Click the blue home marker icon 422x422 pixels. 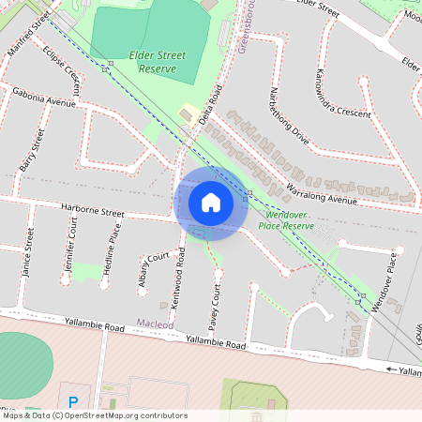[x=211, y=203]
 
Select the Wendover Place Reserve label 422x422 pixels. [x=285, y=220]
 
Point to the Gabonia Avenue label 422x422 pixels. [x=43, y=98]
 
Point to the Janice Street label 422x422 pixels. [x=29, y=252]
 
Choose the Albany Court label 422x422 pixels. [x=148, y=271]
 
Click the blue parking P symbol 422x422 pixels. [x=71, y=390]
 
